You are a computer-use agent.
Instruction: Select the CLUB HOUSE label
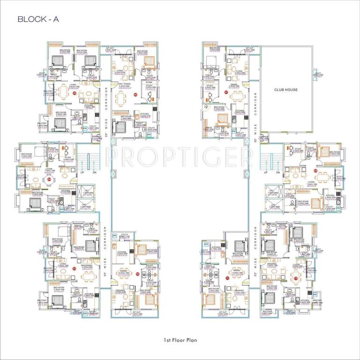pos(287,89)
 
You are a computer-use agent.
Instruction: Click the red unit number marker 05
pos(75,93)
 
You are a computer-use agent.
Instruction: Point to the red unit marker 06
pos(135,95)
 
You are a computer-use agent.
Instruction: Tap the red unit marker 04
pos(49,179)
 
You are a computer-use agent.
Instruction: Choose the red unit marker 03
pos(75,268)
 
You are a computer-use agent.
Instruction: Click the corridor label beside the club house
pos(255,112)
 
